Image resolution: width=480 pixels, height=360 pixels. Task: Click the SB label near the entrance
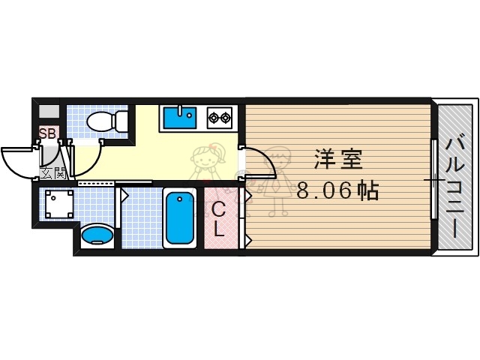click(x=47, y=134)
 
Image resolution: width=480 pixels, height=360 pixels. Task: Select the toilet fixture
click(x=99, y=121)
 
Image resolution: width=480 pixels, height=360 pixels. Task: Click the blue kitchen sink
click(x=178, y=118)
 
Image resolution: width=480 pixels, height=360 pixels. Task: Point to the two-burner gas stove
click(x=220, y=117)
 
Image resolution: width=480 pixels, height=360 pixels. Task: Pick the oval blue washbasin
click(x=96, y=236)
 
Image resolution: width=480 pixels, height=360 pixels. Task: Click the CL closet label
click(x=218, y=220)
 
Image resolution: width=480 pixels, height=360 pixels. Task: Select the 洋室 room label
click(x=338, y=160)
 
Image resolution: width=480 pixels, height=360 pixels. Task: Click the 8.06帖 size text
click(x=337, y=190)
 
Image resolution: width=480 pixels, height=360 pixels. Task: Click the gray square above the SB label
click(x=47, y=112)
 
